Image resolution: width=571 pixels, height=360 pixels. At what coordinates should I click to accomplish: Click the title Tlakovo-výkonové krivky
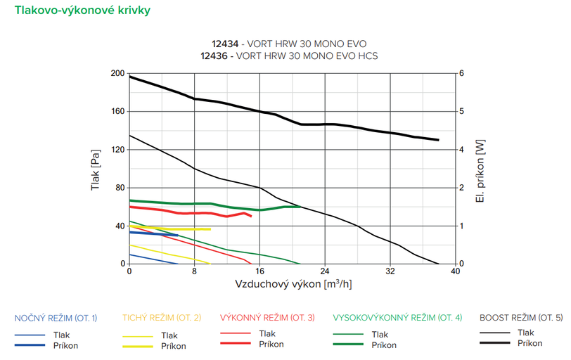(77, 11)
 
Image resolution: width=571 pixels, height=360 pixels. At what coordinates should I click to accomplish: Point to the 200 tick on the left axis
(117, 73)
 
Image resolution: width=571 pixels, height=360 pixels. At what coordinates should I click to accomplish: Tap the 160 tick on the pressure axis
(117, 111)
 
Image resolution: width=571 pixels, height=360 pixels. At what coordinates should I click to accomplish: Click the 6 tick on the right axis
(461, 73)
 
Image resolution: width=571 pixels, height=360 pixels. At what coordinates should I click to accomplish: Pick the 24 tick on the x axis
(325, 271)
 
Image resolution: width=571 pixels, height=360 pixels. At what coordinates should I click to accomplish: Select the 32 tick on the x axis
(390, 271)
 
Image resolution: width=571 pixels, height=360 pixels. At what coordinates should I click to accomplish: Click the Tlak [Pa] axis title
(96, 169)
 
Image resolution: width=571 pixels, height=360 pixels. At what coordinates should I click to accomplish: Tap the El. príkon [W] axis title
(480, 169)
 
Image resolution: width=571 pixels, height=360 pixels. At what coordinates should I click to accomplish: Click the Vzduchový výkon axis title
(293, 284)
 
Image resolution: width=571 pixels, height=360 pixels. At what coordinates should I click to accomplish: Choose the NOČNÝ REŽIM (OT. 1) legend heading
(56, 318)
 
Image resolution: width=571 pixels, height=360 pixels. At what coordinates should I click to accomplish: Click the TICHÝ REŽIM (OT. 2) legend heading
(162, 318)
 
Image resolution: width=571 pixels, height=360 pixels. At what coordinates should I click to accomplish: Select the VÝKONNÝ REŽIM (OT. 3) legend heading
(267, 318)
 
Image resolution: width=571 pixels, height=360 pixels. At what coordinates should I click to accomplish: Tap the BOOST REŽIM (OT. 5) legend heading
(521, 318)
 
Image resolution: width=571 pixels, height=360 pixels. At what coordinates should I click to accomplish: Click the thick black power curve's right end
(439, 140)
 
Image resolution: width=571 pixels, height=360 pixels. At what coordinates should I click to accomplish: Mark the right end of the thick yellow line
(210, 229)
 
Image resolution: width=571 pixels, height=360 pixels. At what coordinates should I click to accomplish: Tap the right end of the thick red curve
(251, 216)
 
